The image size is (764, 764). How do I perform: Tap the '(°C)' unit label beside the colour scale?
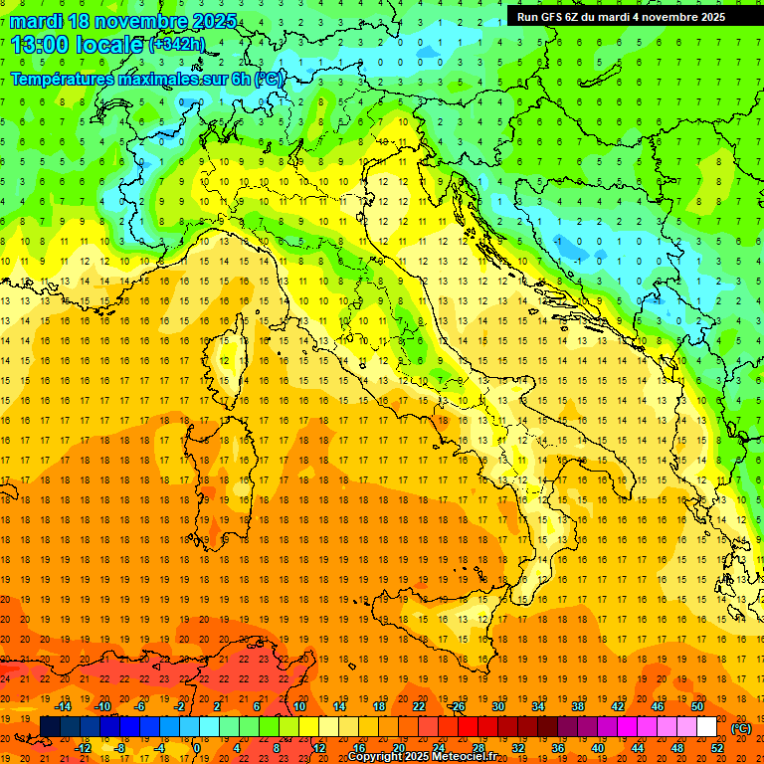[x=741, y=728]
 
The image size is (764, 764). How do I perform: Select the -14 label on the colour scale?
[x=63, y=705]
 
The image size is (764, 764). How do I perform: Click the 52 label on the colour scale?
[x=717, y=748]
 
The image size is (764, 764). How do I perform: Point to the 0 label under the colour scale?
[x=196, y=748]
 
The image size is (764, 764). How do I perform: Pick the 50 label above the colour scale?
[x=696, y=705]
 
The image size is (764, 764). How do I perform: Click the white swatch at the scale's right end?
[x=706, y=727]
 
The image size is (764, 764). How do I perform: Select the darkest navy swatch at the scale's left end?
[x=50, y=727]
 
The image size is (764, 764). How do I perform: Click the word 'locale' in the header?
[x=111, y=44]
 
